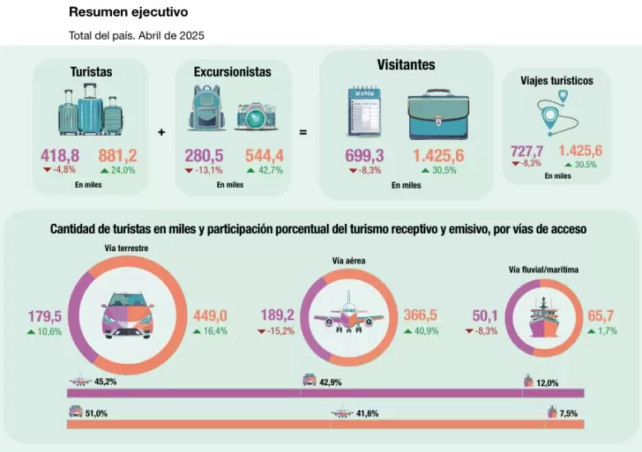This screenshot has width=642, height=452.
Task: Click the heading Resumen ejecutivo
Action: click(128, 12)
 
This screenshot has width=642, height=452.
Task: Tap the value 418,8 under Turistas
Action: click(60, 156)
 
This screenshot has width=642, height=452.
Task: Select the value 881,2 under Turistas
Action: click(118, 156)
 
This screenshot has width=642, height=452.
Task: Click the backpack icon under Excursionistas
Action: click(207, 108)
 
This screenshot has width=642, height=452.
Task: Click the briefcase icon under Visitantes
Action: click(439, 114)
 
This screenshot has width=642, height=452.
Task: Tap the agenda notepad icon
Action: click(365, 111)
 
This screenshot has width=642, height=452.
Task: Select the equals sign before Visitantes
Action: click(303, 133)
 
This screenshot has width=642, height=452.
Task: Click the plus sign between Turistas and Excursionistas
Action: click(161, 133)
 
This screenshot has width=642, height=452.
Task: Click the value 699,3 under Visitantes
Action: click(365, 156)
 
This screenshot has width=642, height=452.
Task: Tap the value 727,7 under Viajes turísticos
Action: click(527, 151)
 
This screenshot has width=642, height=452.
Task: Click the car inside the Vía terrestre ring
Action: click(128, 315)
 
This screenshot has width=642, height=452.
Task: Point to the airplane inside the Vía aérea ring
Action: click(349, 312)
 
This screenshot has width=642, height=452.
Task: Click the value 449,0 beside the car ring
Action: click(210, 316)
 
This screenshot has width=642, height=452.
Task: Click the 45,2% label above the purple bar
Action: click(105, 381)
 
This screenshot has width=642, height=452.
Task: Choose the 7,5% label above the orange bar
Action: click(568, 413)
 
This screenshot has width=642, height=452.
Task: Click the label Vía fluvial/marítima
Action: click(543, 270)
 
